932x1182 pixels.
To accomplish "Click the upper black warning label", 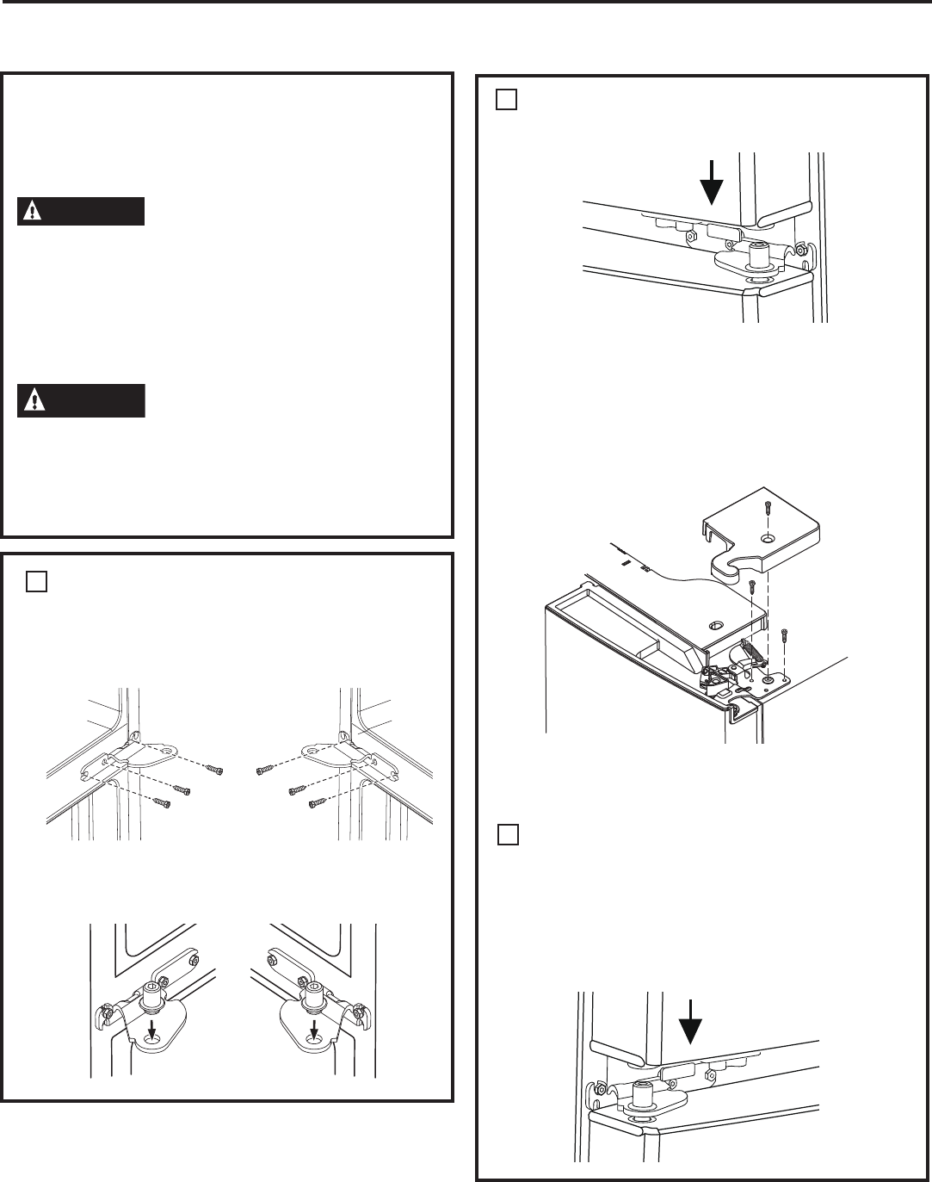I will pos(80,212).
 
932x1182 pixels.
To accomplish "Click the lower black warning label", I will pos(80,401).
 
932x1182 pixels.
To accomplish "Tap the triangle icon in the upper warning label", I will pos(32,212).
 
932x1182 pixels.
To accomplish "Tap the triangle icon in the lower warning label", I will pos(32,401).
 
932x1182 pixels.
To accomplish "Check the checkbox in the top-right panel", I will pos(505,101).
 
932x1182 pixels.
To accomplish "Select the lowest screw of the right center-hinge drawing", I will pos(315,805).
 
